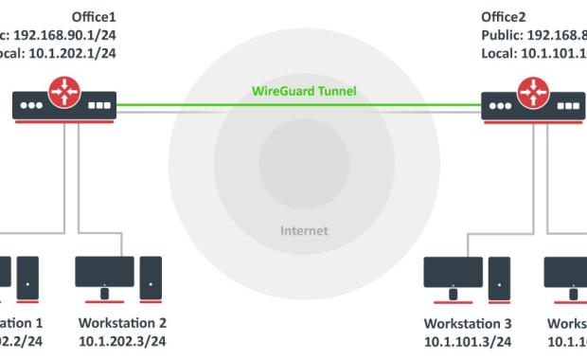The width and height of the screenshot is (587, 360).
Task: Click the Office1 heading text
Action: (x=93, y=17)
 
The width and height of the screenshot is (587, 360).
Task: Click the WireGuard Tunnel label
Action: (x=298, y=93)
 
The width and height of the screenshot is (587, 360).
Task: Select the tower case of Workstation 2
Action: (x=151, y=277)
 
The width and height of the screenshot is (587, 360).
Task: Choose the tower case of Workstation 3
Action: (x=498, y=277)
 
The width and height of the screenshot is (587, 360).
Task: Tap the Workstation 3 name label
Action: (x=471, y=322)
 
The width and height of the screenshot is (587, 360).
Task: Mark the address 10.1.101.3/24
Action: (x=471, y=339)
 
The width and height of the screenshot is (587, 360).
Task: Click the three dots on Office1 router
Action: (x=33, y=107)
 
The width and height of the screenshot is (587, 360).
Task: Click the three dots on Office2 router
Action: (x=499, y=107)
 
